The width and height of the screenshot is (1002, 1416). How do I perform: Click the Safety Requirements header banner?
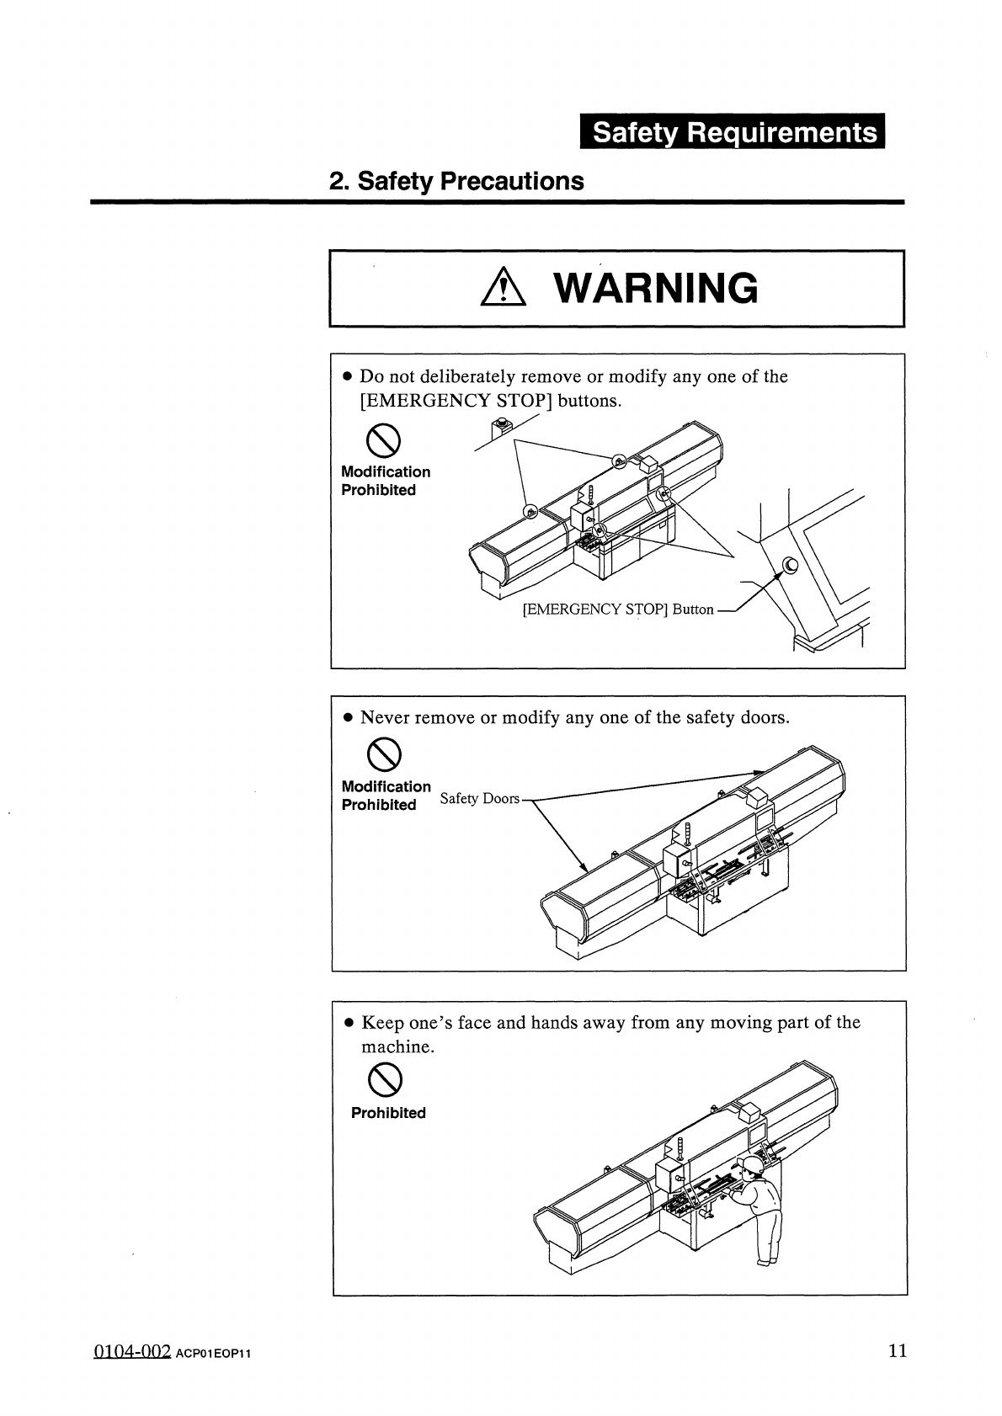[x=733, y=132]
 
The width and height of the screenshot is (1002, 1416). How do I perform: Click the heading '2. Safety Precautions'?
[x=456, y=181]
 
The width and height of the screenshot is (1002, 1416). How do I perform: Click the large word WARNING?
[x=656, y=289]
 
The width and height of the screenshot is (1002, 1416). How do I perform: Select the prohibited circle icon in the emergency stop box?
[x=381, y=439]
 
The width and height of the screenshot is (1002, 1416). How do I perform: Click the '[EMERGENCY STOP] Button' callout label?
[x=618, y=609]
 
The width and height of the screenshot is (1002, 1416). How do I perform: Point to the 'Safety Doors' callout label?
[x=480, y=798]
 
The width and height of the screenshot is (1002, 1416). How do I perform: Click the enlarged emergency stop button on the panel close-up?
[x=791, y=566]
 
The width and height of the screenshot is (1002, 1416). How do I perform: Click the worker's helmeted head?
[x=751, y=1165]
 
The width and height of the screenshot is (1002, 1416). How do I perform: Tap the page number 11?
[x=898, y=1351]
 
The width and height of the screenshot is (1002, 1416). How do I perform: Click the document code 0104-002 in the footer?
[x=132, y=1351]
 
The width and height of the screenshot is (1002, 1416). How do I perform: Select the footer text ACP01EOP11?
[x=214, y=1354]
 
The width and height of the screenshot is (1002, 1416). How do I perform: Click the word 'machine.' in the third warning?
[x=397, y=1046]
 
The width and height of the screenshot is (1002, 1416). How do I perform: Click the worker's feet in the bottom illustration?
[x=765, y=1261]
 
